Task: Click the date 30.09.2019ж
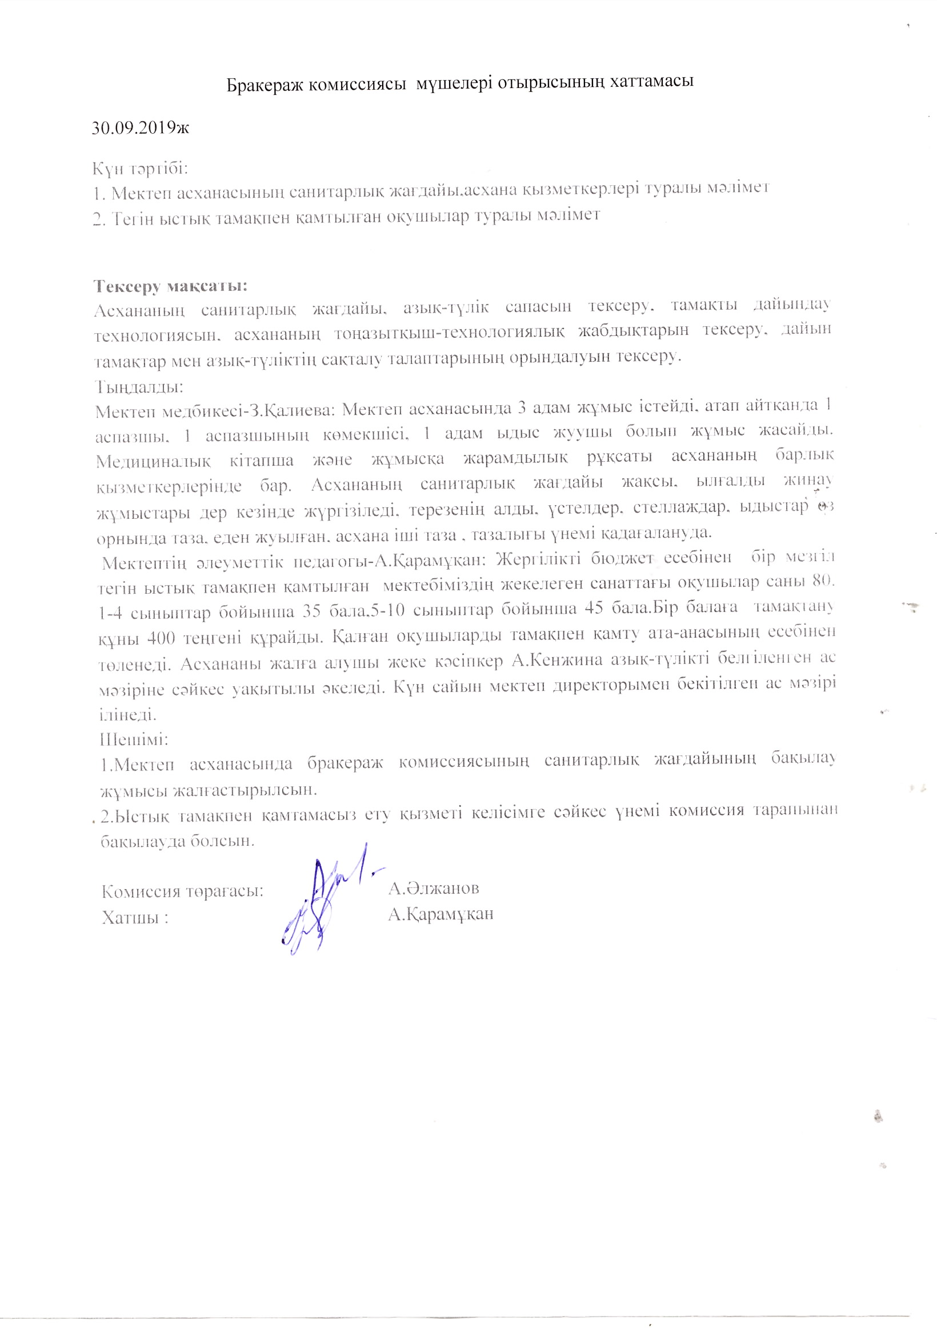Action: coord(141,127)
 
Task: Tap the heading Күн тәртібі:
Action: coord(141,169)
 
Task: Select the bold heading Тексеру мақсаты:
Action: coord(171,286)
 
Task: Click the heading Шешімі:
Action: coord(134,740)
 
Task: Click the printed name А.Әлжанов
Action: coord(434,888)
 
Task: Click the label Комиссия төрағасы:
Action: coord(183,891)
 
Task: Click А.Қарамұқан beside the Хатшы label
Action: coord(441,914)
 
